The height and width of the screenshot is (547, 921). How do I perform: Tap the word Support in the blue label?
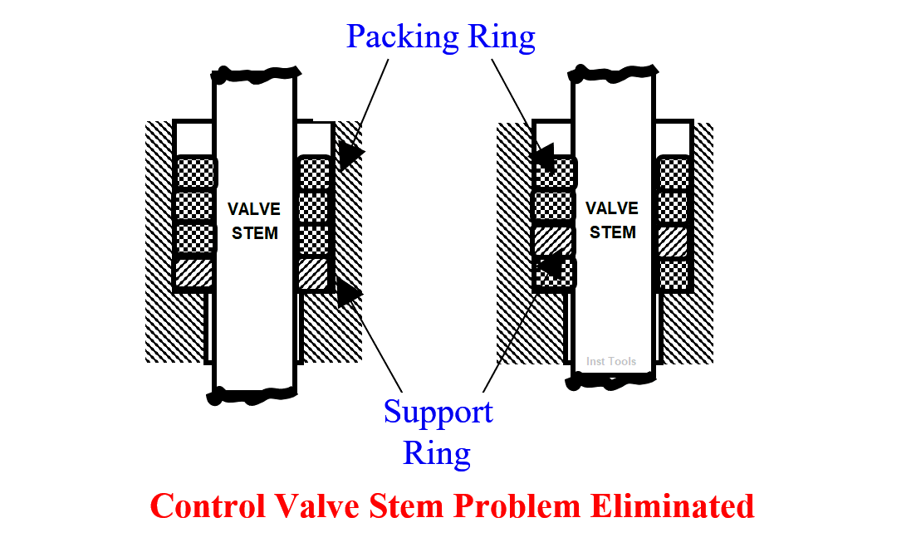pyautogui.click(x=438, y=413)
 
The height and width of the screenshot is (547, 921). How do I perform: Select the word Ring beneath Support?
pyautogui.click(x=437, y=453)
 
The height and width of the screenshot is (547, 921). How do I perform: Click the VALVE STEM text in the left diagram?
pyautogui.click(x=255, y=221)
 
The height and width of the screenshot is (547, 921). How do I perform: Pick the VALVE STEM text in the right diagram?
pyautogui.click(x=613, y=220)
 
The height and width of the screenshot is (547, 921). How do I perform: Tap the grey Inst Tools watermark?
pyautogui.click(x=611, y=362)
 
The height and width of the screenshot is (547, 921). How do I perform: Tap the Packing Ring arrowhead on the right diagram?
pyautogui.click(x=544, y=157)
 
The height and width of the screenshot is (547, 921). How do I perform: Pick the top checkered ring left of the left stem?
pyautogui.click(x=195, y=173)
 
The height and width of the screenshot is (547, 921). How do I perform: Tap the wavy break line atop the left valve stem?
pyautogui.click(x=255, y=73)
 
